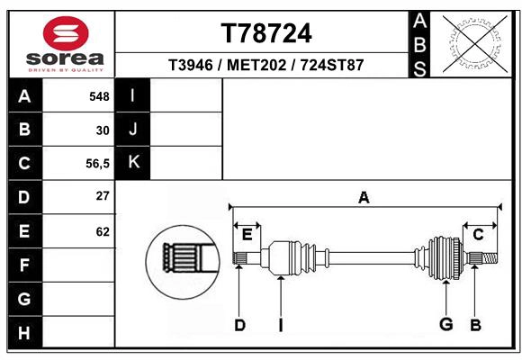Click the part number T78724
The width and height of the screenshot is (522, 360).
click(266, 33)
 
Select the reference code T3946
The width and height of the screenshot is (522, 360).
click(190, 66)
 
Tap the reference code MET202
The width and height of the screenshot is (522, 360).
click(256, 66)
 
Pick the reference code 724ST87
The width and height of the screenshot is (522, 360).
click(331, 66)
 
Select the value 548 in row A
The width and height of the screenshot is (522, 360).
click(99, 96)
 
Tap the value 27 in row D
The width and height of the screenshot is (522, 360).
click(103, 196)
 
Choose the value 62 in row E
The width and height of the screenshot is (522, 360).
click(103, 231)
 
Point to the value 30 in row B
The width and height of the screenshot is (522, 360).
click(103, 130)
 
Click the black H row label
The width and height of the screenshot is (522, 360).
click(24, 333)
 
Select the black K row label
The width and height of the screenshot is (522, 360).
click(134, 163)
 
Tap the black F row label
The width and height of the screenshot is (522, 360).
click(24, 265)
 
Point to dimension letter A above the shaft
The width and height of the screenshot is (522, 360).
click(364, 197)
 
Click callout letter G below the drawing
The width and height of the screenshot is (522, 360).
click(445, 325)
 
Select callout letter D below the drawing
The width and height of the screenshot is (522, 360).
click(239, 325)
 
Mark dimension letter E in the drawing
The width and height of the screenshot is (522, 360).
click(247, 235)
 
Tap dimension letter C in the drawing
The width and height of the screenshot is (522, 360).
click(478, 235)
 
